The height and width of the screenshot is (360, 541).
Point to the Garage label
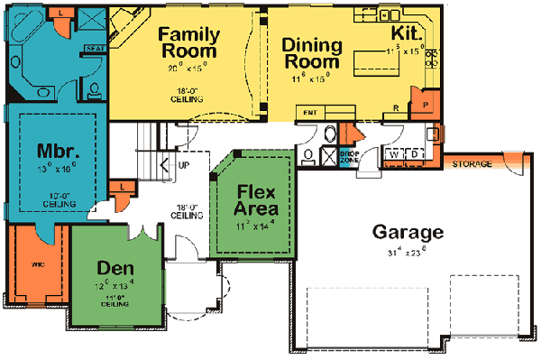408,232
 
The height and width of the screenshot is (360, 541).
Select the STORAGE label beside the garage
472,165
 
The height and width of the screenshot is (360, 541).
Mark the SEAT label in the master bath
91,49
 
